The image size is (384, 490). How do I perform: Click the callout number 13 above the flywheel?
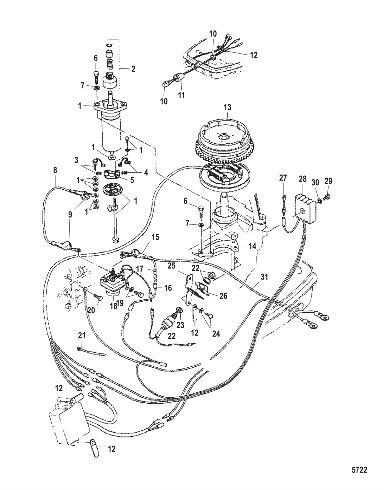pyautogui.click(x=227, y=107)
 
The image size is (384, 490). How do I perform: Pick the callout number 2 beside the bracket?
pyautogui.click(x=133, y=69)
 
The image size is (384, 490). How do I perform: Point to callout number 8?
pyautogui.click(x=55, y=170)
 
